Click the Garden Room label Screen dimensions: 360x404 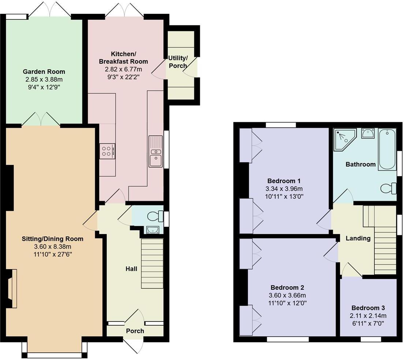click(44, 71)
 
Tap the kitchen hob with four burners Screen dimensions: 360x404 click(107, 151)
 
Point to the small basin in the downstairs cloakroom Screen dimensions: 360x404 click(152, 229)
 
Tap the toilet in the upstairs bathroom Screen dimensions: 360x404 click(388, 188)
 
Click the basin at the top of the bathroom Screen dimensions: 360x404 click(367, 133)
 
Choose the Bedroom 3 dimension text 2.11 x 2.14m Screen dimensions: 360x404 click(368, 316)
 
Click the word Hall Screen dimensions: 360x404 click(131, 269)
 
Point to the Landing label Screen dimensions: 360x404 click(358, 238)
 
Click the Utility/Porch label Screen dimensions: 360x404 click(178, 62)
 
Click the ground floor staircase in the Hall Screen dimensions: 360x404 click(152, 263)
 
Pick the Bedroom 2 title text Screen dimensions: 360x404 click(287, 288)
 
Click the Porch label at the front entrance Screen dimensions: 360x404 click(135, 331)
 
